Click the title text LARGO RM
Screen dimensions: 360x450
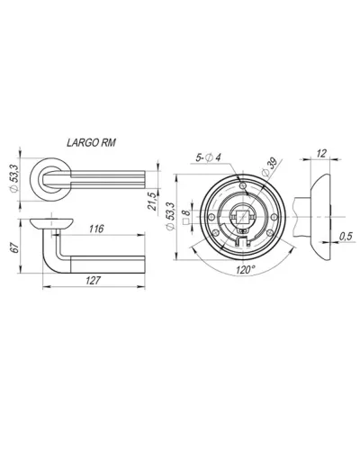[x=91, y=142]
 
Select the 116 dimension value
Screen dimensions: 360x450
[x=96, y=229]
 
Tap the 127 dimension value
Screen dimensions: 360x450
[x=93, y=281]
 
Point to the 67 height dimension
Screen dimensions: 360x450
[x=15, y=247]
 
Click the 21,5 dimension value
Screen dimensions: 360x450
[x=152, y=201]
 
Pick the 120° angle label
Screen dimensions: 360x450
[x=245, y=270]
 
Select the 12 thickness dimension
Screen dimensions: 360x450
[x=321, y=154]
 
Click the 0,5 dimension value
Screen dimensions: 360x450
[x=346, y=236]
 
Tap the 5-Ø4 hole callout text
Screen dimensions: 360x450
[x=208, y=157]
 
